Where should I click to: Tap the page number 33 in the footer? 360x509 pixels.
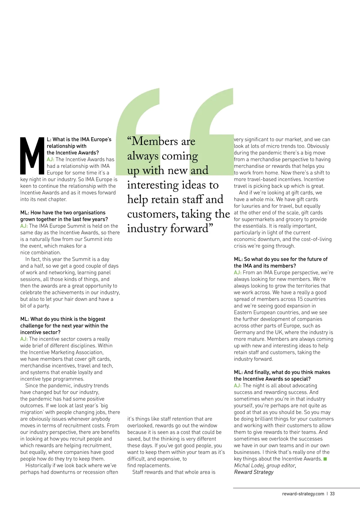[332, 494]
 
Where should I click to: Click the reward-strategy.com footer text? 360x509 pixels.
[303, 494]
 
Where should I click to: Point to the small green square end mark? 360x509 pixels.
[325, 459]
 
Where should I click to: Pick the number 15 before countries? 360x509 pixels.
[300, 299]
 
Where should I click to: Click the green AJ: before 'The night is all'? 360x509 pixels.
[238, 386]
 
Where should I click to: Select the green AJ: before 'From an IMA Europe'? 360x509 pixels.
[238, 273]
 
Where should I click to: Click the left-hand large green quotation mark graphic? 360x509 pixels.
[138, 126]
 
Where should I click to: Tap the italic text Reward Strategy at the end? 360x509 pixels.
[254, 472]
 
